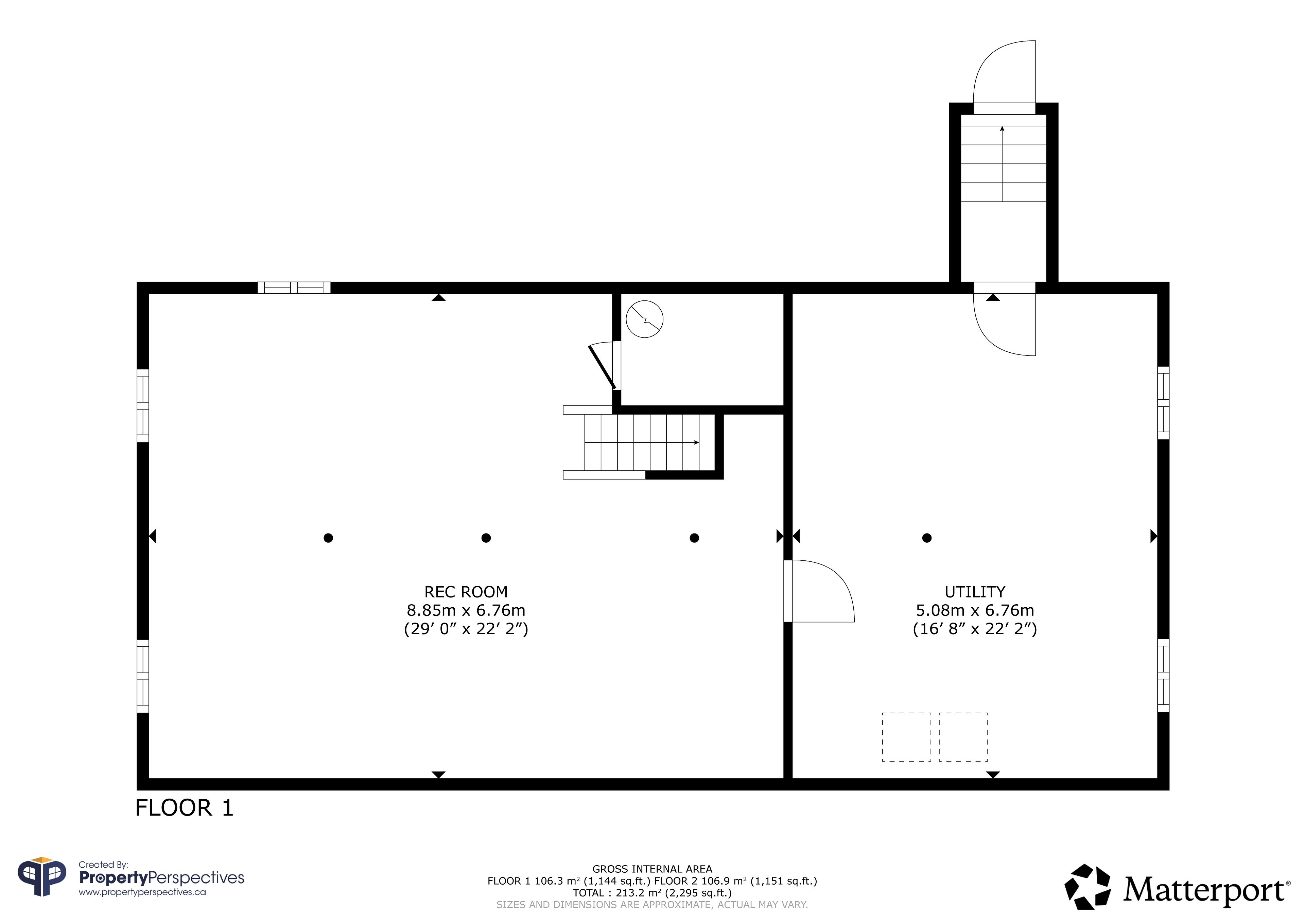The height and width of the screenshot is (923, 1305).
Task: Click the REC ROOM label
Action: click(466, 592)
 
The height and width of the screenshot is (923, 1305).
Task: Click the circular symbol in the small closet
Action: click(645, 319)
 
